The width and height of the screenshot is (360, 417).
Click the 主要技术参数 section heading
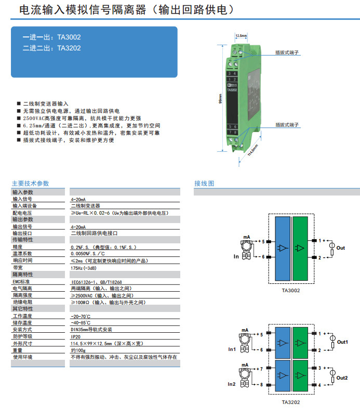(31, 184)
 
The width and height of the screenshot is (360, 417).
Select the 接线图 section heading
(204, 184)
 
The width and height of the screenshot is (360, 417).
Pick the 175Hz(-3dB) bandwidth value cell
(85, 268)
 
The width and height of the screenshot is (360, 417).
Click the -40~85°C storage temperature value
(81, 323)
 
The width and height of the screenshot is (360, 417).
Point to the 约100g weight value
(78, 350)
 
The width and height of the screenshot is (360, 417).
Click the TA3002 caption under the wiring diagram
(291, 290)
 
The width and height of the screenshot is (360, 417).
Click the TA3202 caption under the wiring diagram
(291, 402)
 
